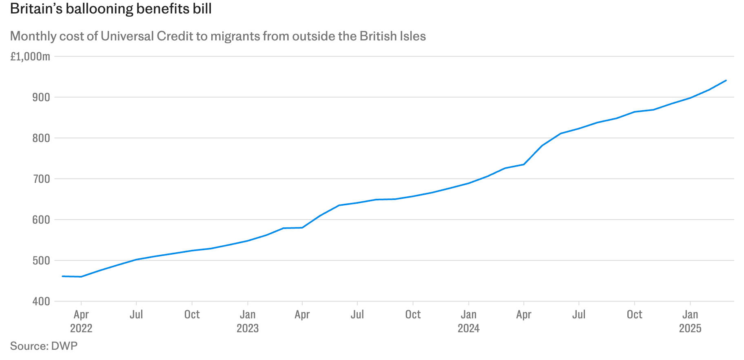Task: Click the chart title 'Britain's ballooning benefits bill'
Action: point(111,9)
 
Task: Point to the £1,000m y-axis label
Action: point(30,56)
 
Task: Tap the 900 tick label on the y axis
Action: point(41,97)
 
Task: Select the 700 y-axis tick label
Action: point(41,179)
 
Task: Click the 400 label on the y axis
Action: point(41,301)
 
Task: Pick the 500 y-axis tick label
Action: point(41,260)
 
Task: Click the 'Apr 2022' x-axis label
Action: point(81,321)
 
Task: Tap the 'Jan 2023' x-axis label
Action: point(248,321)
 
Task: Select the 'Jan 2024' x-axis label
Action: point(469,321)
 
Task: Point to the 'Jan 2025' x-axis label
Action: point(690,321)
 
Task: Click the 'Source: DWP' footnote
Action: point(44,346)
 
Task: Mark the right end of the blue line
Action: point(726,80)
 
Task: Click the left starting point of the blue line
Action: point(62,276)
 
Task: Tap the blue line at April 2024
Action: point(524,164)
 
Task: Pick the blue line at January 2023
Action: point(248,241)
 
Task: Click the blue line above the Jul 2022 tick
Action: point(136,259)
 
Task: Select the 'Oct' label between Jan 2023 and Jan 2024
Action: point(413,314)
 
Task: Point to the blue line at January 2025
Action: point(690,98)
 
